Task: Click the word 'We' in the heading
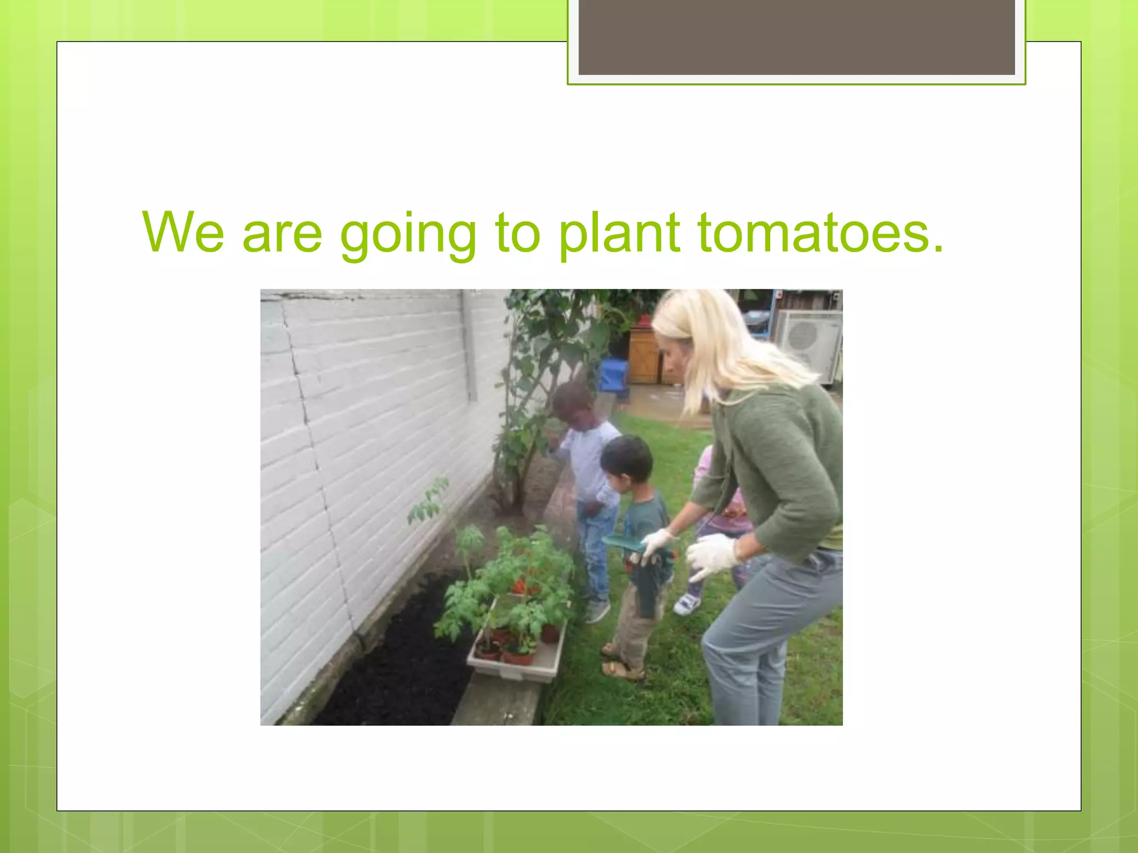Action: pyautogui.click(x=183, y=232)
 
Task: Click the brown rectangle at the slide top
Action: pyautogui.click(x=796, y=37)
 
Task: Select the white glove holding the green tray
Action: pyautogui.click(x=657, y=541)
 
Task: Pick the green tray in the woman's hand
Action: pyautogui.click(x=621, y=543)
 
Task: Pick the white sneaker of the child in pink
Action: pyautogui.click(x=687, y=603)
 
